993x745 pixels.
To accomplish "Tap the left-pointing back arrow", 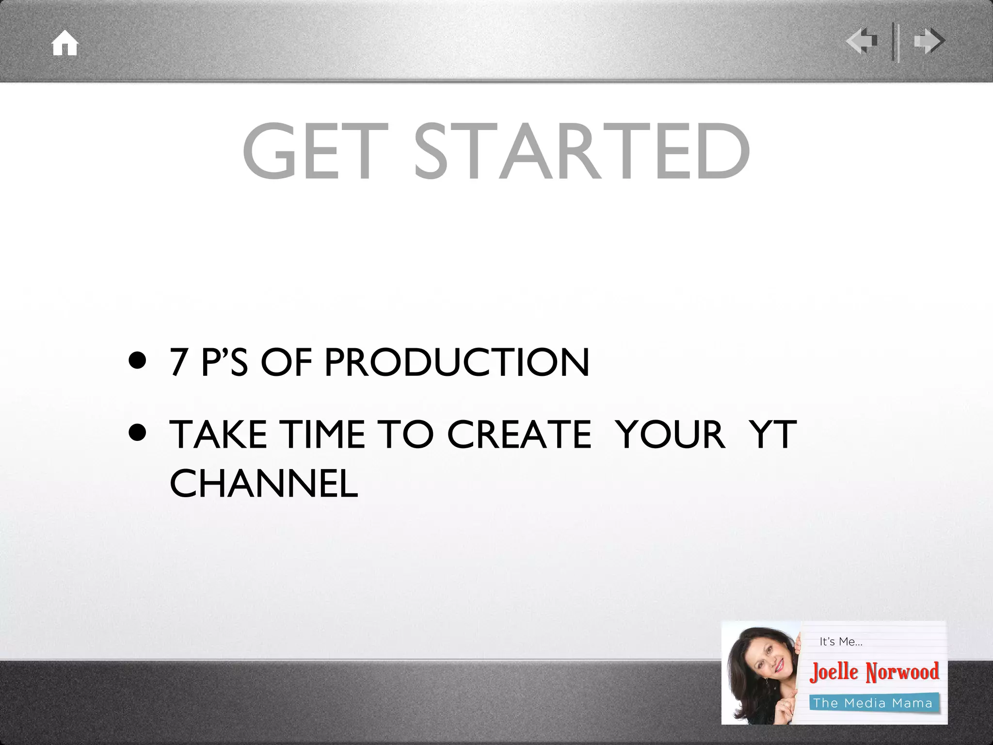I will click(x=862, y=41).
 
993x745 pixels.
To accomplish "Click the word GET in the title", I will click(x=315, y=151).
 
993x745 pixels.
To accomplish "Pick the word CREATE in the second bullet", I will click(x=519, y=434).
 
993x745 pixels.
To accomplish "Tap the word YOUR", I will click(x=670, y=434).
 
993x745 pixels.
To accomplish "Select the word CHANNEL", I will click(x=264, y=484).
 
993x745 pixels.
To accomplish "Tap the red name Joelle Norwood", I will click(x=874, y=672).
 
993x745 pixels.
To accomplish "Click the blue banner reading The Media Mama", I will click(x=873, y=703).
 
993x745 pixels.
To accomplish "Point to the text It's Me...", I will click(x=841, y=642).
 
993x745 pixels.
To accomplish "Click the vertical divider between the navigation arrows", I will click(x=895, y=42).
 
